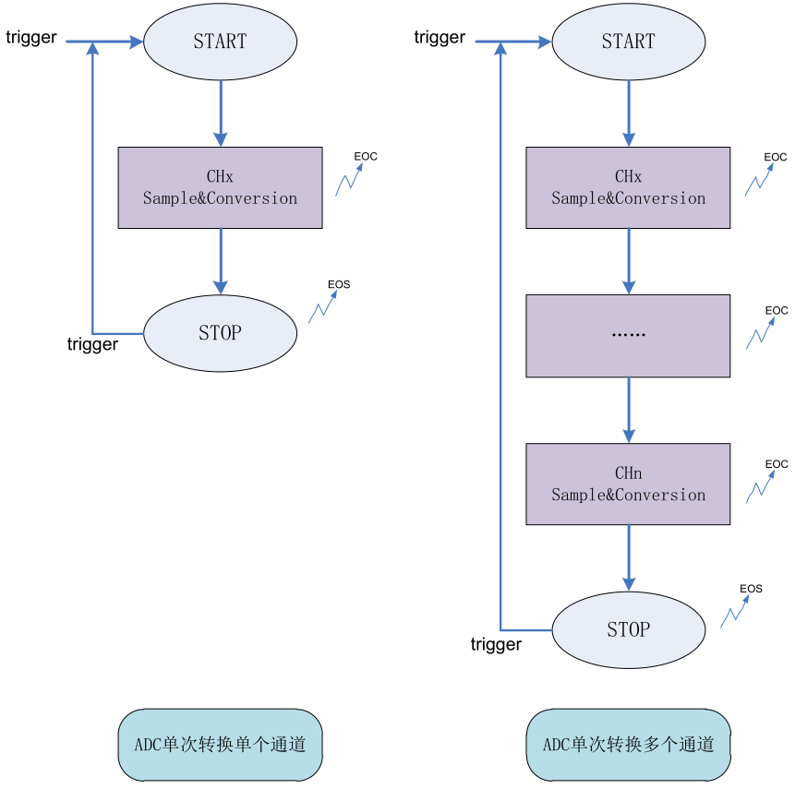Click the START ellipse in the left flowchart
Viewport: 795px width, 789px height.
(x=220, y=42)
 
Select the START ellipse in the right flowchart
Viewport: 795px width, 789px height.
(x=628, y=42)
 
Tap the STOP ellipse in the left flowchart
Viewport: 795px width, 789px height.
(x=220, y=333)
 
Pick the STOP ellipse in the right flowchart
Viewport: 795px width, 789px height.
(x=628, y=630)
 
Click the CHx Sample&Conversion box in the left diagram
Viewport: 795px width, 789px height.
(x=220, y=187)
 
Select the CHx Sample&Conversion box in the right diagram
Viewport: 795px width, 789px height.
(x=628, y=187)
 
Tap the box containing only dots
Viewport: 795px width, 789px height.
(x=628, y=335)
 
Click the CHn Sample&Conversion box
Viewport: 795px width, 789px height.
(x=628, y=484)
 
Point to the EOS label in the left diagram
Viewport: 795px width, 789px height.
(x=339, y=284)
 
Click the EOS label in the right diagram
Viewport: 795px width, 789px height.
(x=751, y=589)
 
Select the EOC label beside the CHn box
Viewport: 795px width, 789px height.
(x=777, y=464)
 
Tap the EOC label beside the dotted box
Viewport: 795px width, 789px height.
(x=777, y=311)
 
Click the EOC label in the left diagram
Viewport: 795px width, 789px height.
(x=366, y=157)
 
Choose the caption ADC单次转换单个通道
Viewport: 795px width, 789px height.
(x=220, y=745)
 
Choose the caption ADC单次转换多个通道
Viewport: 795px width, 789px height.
(x=628, y=745)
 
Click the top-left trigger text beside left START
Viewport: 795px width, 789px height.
(x=31, y=38)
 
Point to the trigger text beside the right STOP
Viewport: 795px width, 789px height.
(x=496, y=644)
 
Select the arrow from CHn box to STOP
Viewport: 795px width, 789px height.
(x=629, y=557)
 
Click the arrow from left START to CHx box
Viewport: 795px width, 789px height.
(x=221, y=113)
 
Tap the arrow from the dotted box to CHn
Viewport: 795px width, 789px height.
(x=629, y=410)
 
